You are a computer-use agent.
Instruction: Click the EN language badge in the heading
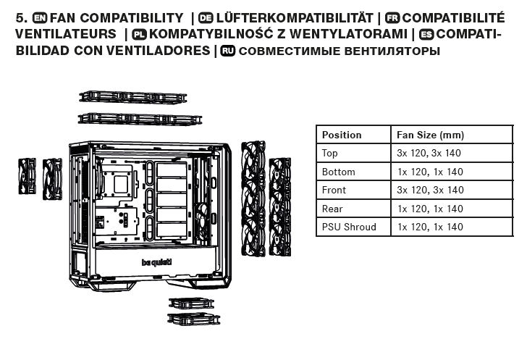click(40, 18)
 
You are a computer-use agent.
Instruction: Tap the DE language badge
click(206, 18)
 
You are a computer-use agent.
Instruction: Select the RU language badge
click(227, 51)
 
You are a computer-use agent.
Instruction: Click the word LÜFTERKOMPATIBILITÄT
click(295, 17)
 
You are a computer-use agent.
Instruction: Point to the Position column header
click(342, 135)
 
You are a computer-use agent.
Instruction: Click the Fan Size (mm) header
click(430, 135)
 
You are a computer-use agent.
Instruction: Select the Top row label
click(329, 153)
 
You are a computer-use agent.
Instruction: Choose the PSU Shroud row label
click(349, 227)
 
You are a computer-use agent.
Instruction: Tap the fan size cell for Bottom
click(430, 172)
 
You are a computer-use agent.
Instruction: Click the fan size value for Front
click(430, 190)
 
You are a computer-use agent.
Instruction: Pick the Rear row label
click(332, 209)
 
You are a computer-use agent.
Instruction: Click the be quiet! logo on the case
click(156, 262)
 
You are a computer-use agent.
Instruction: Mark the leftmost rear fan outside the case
click(28, 176)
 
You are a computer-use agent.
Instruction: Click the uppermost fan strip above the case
click(132, 97)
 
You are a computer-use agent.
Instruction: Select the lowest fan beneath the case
click(193, 319)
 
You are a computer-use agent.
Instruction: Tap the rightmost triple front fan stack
click(280, 206)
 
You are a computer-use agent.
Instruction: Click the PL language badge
click(139, 34)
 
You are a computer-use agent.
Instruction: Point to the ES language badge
click(426, 34)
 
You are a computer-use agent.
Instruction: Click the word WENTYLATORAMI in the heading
click(348, 34)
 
